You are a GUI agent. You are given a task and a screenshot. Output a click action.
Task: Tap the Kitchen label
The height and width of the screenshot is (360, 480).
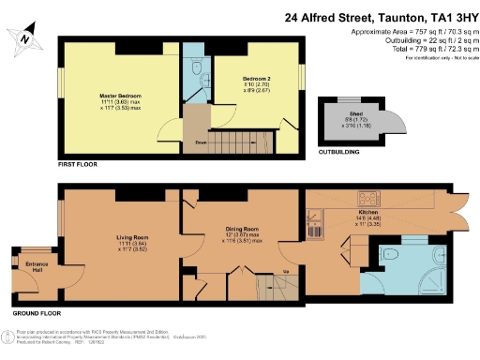click(367, 213)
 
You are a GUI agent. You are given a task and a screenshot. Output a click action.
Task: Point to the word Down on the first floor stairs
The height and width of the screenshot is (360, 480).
click(201, 142)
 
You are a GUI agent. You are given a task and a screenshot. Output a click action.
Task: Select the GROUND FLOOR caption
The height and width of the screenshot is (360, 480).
click(37, 312)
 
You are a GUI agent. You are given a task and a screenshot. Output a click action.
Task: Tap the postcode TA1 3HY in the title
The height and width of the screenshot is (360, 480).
click(444, 16)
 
